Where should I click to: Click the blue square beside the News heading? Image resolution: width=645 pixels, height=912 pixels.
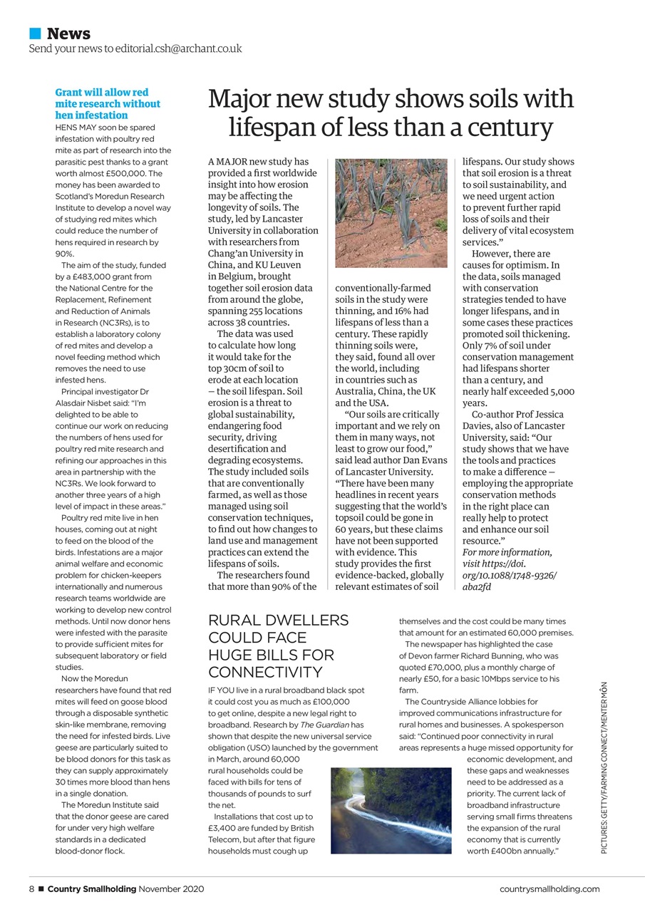point(35,33)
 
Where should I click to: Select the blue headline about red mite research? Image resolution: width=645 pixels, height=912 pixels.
point(108,104)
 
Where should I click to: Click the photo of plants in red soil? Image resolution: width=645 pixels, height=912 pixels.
point(391,212)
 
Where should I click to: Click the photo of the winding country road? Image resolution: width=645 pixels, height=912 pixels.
point(391,810)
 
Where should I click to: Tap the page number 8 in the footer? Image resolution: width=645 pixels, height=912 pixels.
point(31,888)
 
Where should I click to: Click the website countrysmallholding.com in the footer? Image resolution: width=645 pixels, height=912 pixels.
point(549,888)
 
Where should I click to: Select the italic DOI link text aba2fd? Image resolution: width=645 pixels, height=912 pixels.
point(477,586)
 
